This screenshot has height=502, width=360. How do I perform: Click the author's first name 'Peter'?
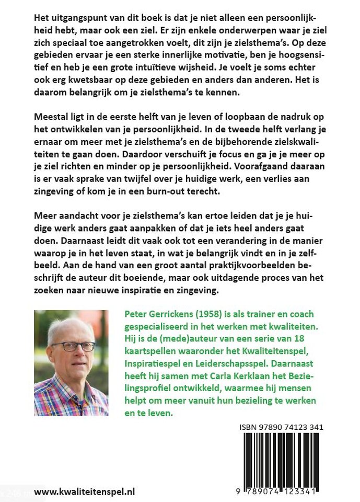[x=136, y=314]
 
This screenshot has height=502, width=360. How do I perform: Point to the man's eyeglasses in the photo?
[x=73, y=346]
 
